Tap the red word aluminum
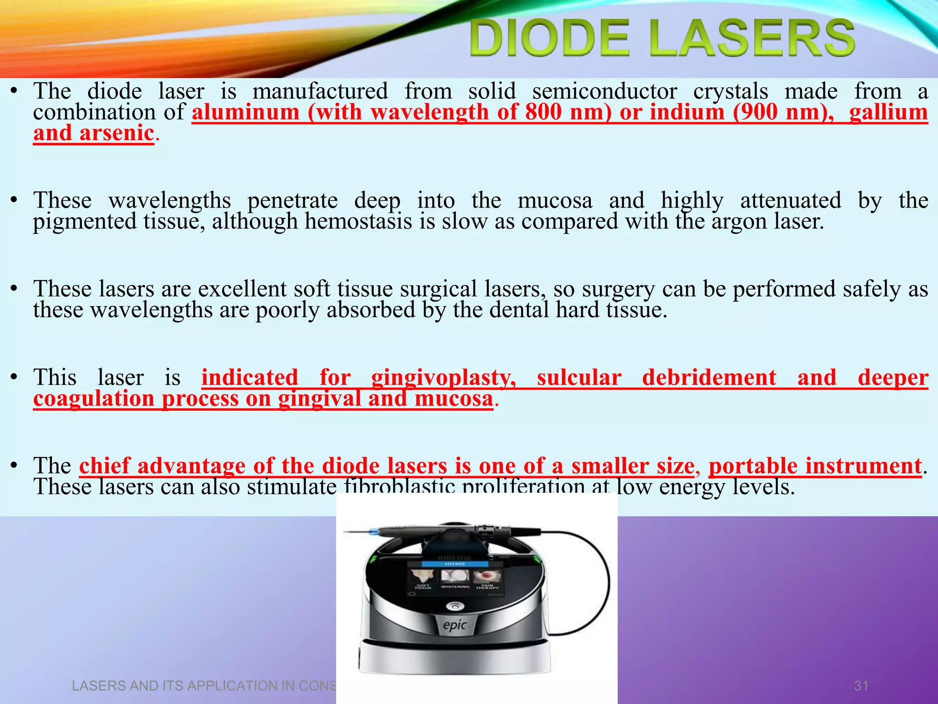click(245, 112)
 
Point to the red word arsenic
click(116, 133)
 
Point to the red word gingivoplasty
click(443, 378)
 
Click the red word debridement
click(709, 378)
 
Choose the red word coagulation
click(94, 398)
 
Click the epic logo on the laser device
click(455, 625)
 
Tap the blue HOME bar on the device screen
click(455, 564)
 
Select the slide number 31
click(861, 686)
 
